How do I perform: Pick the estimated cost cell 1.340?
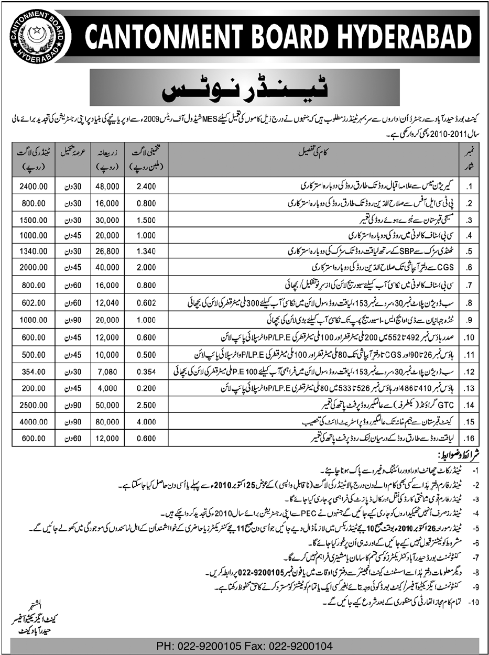click(x=145, y=252)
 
